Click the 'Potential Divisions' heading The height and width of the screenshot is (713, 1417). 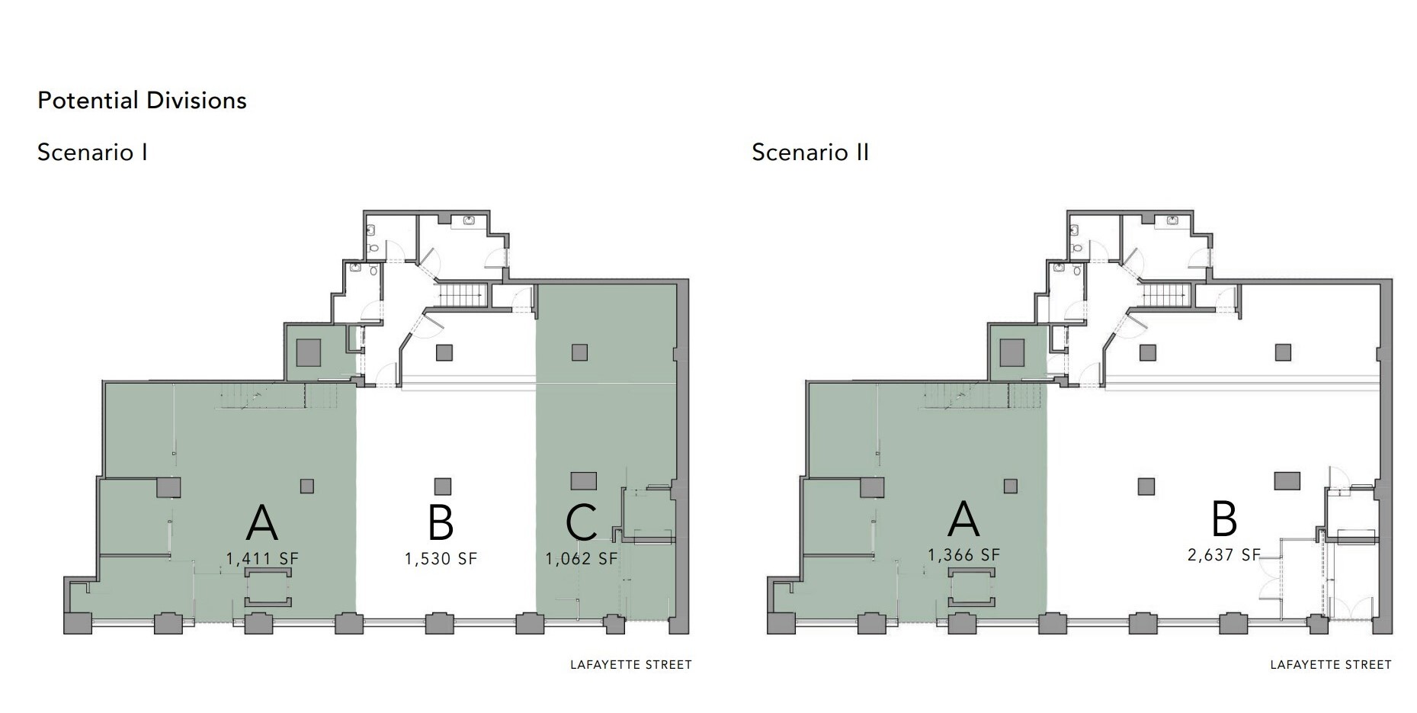coord(142,101)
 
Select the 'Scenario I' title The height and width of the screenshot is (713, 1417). coord(92,153)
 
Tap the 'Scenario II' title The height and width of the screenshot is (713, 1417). coord(810,153)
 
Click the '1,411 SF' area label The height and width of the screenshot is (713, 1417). coord(262,559)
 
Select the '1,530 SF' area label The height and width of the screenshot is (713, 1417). coord(441,559)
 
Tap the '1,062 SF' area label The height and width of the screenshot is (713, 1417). coord(582,559)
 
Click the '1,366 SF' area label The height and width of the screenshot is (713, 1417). coord(963,555)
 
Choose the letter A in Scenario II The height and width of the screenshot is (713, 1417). coord(963,519)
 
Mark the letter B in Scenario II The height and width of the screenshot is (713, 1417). coord(1224,519)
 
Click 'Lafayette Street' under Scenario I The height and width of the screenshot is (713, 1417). coord(631,665)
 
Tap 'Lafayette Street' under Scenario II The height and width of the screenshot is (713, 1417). coord(1331,665)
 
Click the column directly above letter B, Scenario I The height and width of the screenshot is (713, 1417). coord(443,486)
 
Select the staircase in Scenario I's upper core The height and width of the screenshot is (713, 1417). coord(462,294)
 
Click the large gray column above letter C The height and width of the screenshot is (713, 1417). coord(584,481)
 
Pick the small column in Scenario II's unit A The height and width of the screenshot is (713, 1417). coord(1011,486)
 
